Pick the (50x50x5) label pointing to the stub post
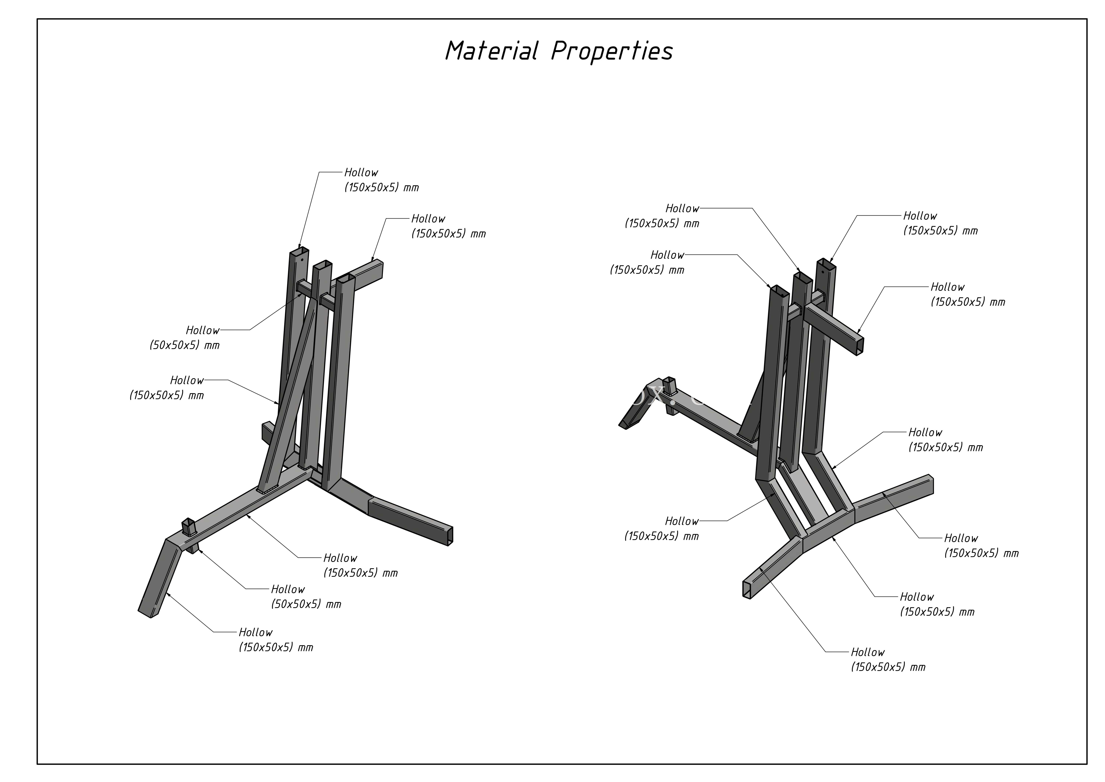coord(306,604)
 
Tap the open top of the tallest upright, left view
coord(299,251)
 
